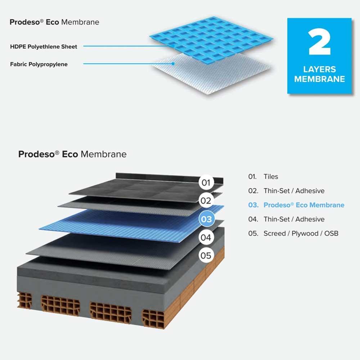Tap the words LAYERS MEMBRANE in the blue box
pyautogui.click(x=319, y=74)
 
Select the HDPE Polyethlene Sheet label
pyautogui.click(x=44, y=46)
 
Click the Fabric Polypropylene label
pyautogui.click(x=39, y=64)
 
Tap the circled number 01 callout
pyautogui.click(x=206, y=183)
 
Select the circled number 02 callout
pyautogui.click(x=206, y=201)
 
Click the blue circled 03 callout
pyautogui.click(x=206, y=219)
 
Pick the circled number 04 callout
pyautogui.click(x=206, y=238)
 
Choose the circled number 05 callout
pyautogui.click(x=206, y=256)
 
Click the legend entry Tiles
pyautogui.click(x=270, y=177)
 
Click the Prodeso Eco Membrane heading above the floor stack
pyautogui.click(x=72, y=154)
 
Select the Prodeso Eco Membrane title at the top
pyautogui.click(x=54, y=22)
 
